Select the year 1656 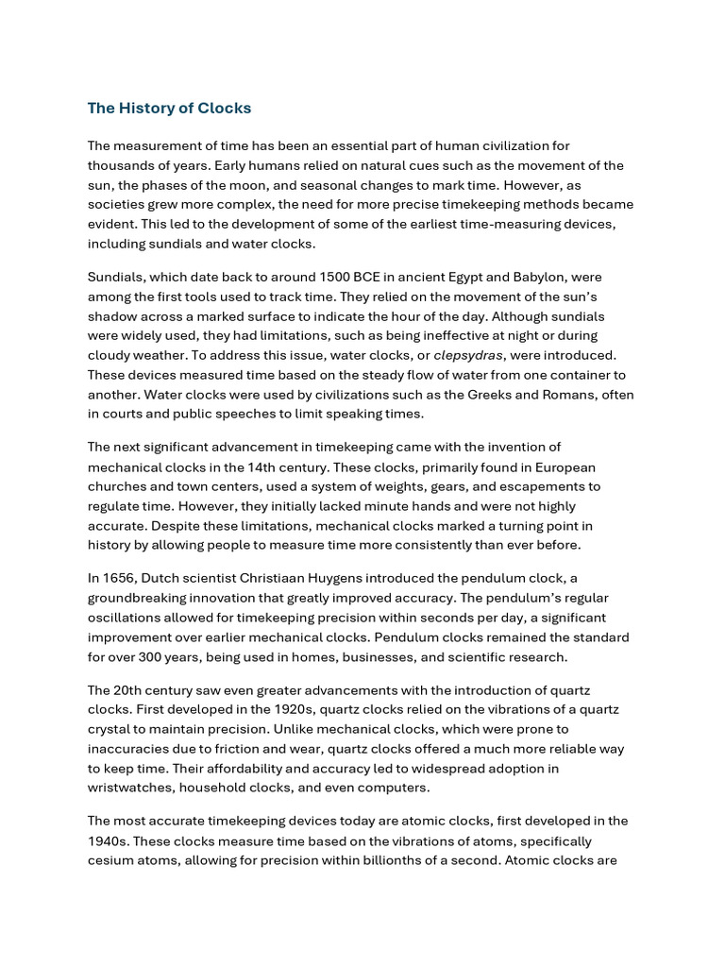tap(121, 578)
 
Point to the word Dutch tap(170, 578)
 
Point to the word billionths tap(460, 860)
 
